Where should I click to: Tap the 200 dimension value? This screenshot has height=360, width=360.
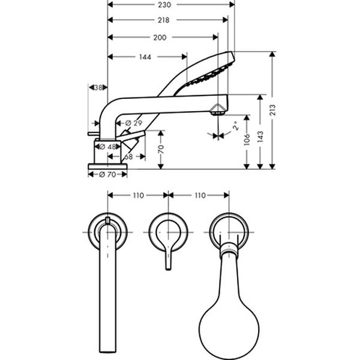160,37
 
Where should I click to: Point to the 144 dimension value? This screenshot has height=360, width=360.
144,58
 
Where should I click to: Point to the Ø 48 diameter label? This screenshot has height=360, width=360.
109,146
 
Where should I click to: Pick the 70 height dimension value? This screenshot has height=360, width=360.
160,148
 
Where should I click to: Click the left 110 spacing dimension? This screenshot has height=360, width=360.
138,196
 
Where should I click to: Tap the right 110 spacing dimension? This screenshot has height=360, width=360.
199,196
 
